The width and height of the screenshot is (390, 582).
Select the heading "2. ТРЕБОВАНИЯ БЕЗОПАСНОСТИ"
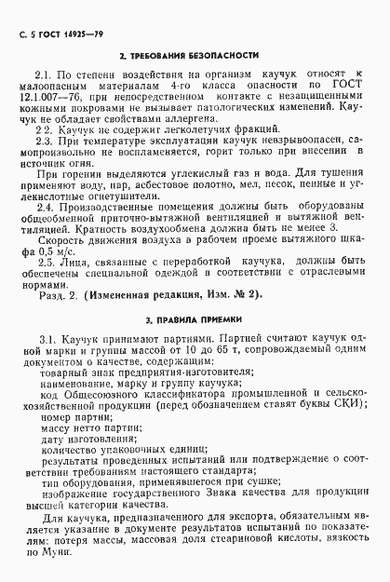195,56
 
